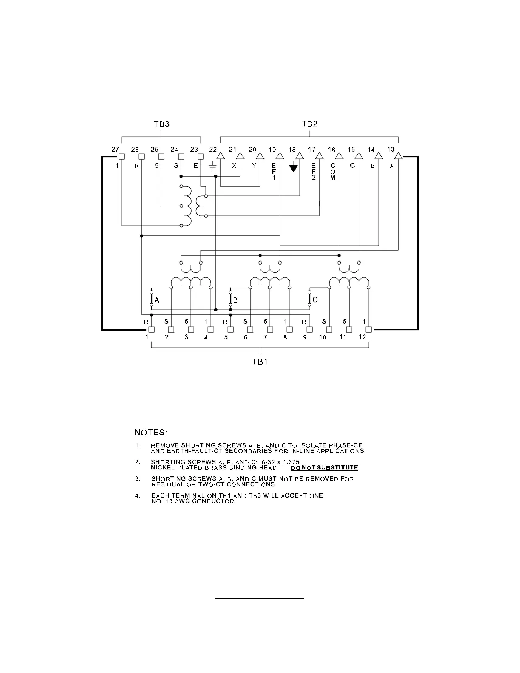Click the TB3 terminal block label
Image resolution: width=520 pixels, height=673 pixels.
(x=161, y=124)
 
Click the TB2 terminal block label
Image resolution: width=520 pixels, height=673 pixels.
(x=309, y=124)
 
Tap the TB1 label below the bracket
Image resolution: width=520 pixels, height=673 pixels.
(x=260, y=362)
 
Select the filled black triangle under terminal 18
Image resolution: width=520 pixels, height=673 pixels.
(x=293, y=169)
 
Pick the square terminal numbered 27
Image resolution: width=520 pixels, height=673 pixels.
(x=122, y=156)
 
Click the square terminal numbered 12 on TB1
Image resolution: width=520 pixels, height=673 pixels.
(x=368, y=329)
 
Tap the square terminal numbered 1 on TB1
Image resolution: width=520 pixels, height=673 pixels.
(x=151, y=329)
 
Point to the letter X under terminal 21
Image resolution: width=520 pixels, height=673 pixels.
(x=234, y=166)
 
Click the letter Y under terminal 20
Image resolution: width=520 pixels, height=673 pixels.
(x=254, y=166)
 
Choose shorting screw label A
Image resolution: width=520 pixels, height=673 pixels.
(x=157, y=300)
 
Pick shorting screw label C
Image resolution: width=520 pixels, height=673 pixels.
(x=314, y=300)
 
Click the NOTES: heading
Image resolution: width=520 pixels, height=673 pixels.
(x=151, y=433)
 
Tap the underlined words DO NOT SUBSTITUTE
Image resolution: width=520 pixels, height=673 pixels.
(x=325, y=468)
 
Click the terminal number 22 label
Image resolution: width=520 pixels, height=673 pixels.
(x=213, y=150)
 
